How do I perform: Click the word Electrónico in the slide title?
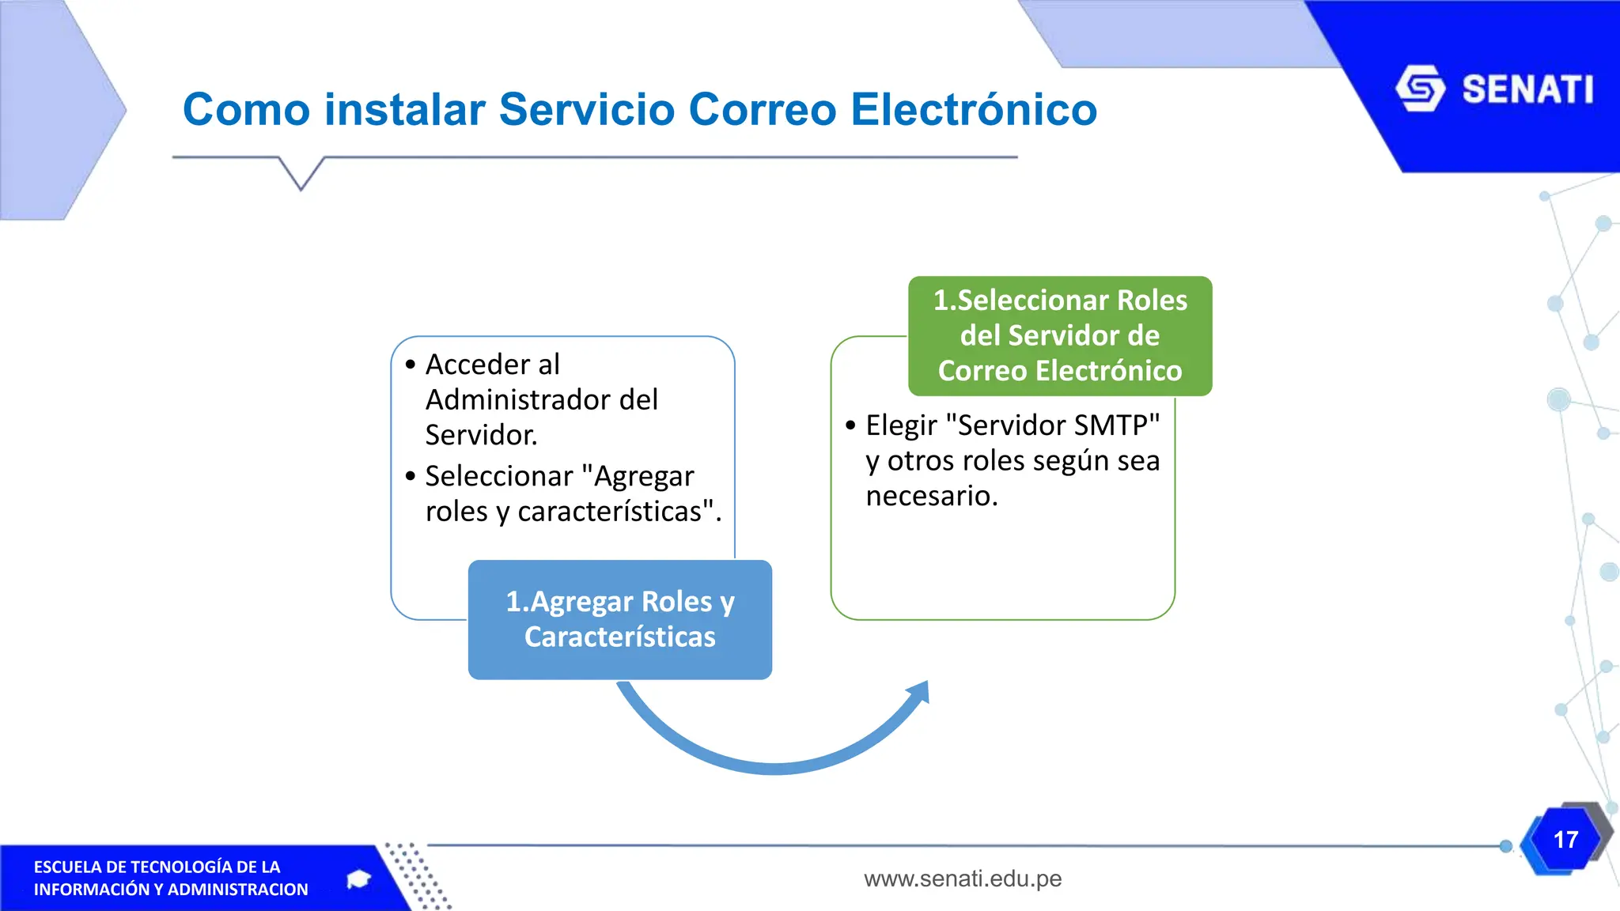coord(974,108)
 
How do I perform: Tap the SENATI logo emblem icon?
coord(1421,89)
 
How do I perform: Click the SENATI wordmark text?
coord(1527,89)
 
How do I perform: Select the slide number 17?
coord(1565,840)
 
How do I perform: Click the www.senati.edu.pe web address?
coord(963,879)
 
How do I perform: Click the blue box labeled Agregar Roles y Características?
coord(620,620)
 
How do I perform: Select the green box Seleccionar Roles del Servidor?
coord(1060,336)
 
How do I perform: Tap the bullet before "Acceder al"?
coord(410,365)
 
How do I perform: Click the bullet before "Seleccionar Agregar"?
coord(410,476)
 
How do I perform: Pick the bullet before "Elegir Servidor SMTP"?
coord(850,425)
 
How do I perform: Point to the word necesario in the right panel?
coord(931,497)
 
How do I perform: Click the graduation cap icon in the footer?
coord(359,879)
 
